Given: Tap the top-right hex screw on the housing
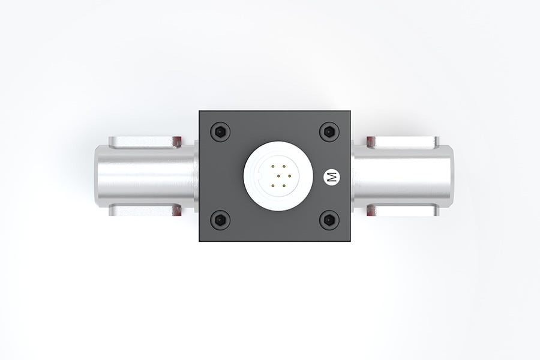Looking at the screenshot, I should [329, 131].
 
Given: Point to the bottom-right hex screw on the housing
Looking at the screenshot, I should [329, 220].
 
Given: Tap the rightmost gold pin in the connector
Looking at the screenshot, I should [289, 176].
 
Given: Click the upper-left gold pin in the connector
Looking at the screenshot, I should [272, 166].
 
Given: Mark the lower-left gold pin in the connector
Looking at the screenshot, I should [272, 186].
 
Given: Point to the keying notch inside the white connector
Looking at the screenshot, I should [259, 176].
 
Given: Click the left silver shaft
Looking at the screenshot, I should [144, 176].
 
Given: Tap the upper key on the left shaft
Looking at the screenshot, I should [144, 142].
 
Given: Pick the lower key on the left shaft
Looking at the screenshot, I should [144, 210].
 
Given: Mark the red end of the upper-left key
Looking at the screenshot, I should [176, 142].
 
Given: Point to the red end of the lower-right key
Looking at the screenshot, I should [371, 210].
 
